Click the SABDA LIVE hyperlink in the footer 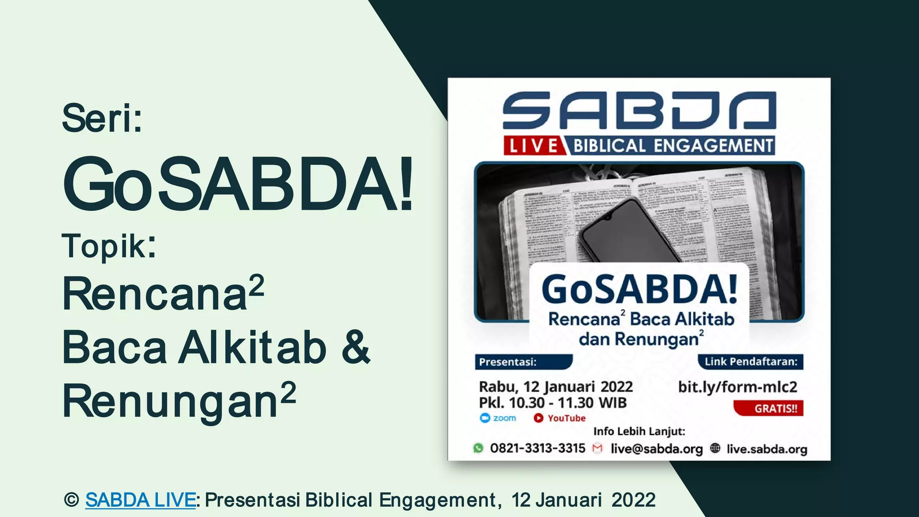[x=140, y=500]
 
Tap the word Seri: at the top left [x=102, y=118]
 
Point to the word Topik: [x=109, y=246]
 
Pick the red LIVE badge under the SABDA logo [x=533, y=146]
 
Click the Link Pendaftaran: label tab [x=751, y=362]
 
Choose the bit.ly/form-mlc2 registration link [x=737, y=387]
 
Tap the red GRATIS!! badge [x=769, y=408]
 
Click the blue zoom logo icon [x=485, y=418]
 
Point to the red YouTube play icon [x=538, y=418]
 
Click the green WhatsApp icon [x=478, y=448]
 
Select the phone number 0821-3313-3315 [x=538, y=448]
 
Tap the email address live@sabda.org [x=656, y=449]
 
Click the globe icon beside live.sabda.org [x=715, y=448]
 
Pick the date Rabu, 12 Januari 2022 [x=556, y=387]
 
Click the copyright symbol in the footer [x=71, y=500]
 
